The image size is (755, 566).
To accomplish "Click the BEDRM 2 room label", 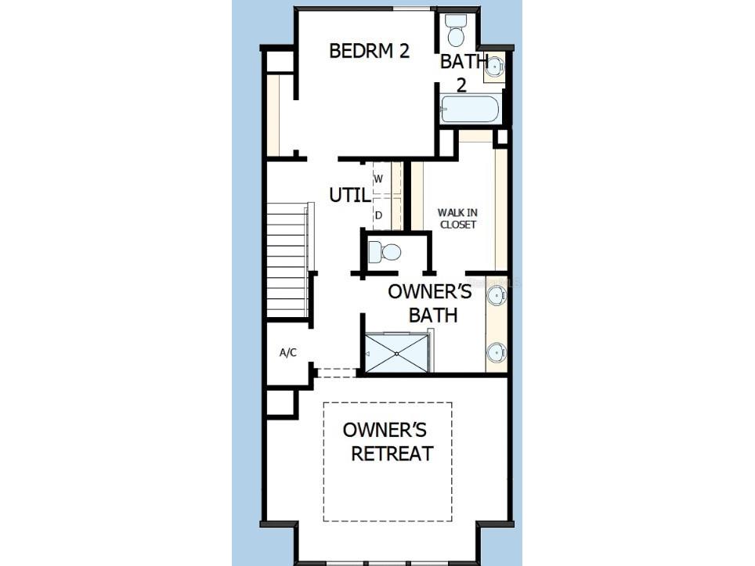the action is [x=370, y=51].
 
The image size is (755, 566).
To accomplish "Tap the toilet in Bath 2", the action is [x=455, y=30].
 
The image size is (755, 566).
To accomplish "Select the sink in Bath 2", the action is [x=494, y=67].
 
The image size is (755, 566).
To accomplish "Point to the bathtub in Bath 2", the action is [x=470, y=110].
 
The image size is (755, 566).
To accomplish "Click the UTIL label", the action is [x=350, y=195].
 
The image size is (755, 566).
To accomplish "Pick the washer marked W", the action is [x=382, y=178].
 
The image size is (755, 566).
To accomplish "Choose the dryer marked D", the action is [x=382, y=215].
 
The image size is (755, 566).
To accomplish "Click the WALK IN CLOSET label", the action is [x=457, y=218].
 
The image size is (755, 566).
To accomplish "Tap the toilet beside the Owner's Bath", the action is [x=385, y=252].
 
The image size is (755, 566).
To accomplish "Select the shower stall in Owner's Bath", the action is [x=397, y=353].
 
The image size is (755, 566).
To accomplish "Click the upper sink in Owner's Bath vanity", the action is [x=497, y=294].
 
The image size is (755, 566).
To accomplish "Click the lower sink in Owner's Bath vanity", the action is [x=497, y=353].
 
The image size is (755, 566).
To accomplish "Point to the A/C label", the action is [x=288, y=353].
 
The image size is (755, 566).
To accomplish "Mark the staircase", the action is [x=288, y=260].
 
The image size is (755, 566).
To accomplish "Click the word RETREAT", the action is [x=392, y=454].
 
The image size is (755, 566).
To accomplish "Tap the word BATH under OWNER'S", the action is [x=433, y=315].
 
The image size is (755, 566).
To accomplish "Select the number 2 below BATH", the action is [x=461, y=85].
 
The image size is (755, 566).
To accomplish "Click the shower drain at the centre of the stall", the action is [x=397, y=353].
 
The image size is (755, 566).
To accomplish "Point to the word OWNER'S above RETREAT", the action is [x=385, y=430].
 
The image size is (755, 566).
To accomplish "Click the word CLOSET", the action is [x=458, y=225].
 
